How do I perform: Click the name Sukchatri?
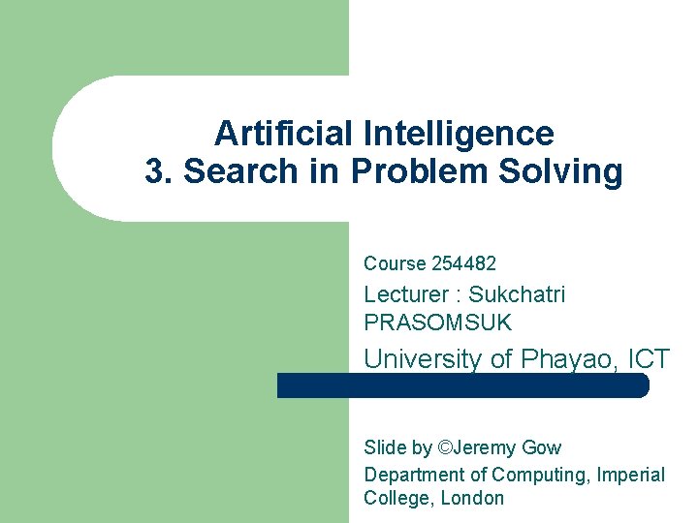point(517,294)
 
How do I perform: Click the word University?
point(422,358)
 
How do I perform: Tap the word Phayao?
point(566,358)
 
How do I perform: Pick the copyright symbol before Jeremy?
point(445,447)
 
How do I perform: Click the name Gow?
point(541,447)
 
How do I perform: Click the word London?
point(473,499)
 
